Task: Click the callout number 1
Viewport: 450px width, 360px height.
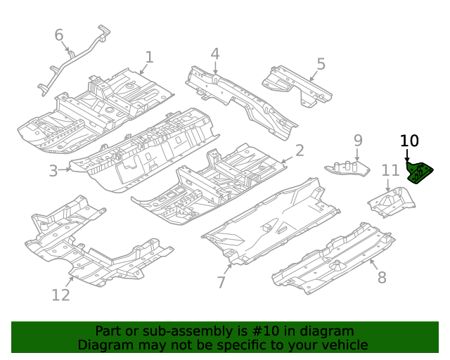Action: (149, 57)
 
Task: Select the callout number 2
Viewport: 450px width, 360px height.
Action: (299, 150)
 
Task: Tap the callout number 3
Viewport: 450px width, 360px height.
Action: (53, 170)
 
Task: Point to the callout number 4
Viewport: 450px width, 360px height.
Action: (214, 53)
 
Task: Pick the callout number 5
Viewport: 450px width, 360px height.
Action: (321, 65)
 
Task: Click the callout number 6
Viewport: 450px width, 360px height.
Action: (59, 35)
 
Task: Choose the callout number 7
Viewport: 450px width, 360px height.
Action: (221, 282)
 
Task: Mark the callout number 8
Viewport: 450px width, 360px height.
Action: (382, 277)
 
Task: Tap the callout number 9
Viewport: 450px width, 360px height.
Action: (357, 141)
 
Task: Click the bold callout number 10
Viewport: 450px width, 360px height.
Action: (409, 141)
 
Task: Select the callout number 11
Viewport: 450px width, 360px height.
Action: (390, 169)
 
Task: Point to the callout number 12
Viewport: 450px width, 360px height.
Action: (61, 295)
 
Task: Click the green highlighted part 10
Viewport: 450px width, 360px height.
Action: (420, 173)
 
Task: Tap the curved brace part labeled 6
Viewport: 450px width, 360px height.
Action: (77, 58)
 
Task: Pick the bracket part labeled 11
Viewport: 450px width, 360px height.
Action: (391, 201)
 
